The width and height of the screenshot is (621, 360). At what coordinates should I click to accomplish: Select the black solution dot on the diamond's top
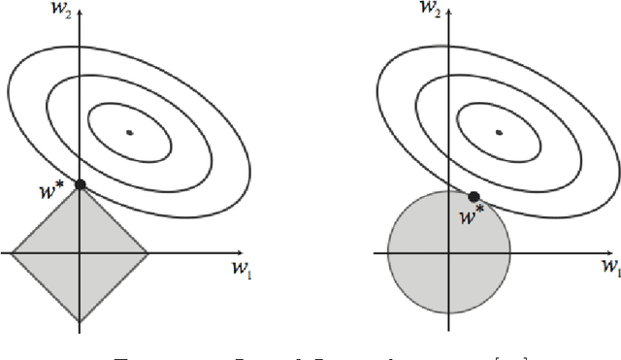pyautogui.click(x=81, y=184)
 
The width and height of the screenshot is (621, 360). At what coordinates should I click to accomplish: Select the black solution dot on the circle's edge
pyautogui.click(x=474, y=196)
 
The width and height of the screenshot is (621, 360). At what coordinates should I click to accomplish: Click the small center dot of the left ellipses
pyautogui.click(x=130, y=131)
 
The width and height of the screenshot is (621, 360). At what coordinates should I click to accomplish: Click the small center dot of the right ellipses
pyautogui.click(x=499, y=131)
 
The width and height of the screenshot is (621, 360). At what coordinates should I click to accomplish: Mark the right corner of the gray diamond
pyautogui.click(x=148, y=253)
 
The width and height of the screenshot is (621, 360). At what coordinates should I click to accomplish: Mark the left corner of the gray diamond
pyautogui.click(x=13, y=253)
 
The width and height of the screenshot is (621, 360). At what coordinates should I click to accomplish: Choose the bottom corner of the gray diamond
pyautogui.click(x=81, y=321)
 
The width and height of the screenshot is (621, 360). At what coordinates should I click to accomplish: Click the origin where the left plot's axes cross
pyautogui.click(x=81, y=253)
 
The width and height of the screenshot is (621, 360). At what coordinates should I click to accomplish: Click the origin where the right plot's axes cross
pyautogui.click(x=449, y=253)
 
